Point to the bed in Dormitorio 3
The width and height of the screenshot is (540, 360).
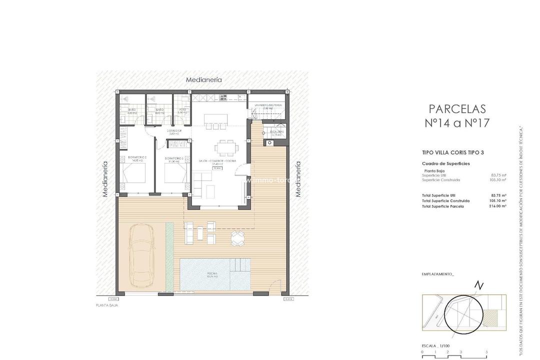tap(176, 173)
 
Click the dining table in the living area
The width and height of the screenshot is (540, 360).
tap(226, 147)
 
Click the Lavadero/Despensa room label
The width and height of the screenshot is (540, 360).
tap(268, 105)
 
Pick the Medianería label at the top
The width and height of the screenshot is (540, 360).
tap(203, 79)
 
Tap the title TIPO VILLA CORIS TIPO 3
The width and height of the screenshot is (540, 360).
tap(453, 152)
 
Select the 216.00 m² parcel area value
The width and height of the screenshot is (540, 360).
tap(497, 206)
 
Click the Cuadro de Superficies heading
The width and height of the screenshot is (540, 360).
tap(445, 163)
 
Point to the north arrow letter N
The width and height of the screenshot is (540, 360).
tap(479, 285)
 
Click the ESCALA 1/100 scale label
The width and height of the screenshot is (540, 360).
tap(436, 345)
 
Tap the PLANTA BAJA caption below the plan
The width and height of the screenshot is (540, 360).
tap(106, 305)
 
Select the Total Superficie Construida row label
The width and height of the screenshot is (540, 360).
tap(445, 200)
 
